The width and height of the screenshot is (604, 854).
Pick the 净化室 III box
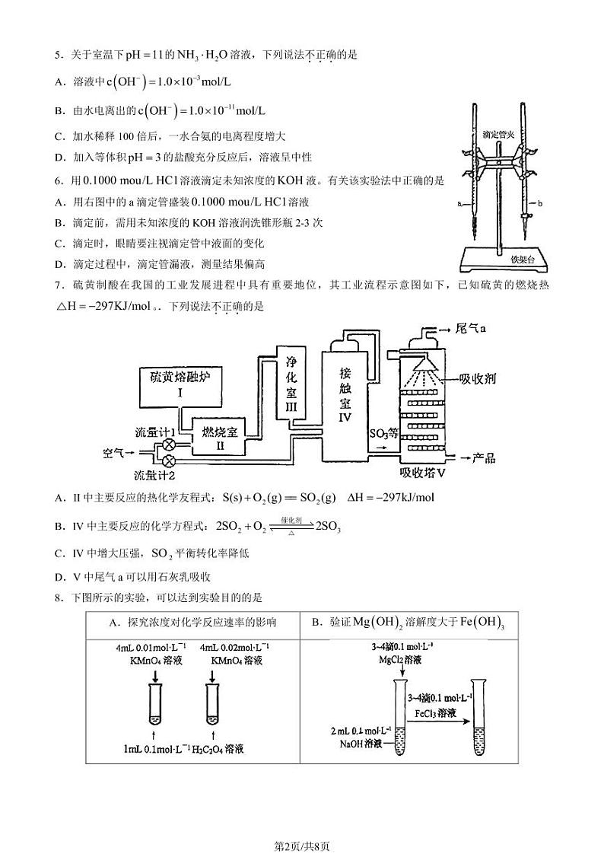[290, 381]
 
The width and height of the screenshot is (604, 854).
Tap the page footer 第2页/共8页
[301, 824]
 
